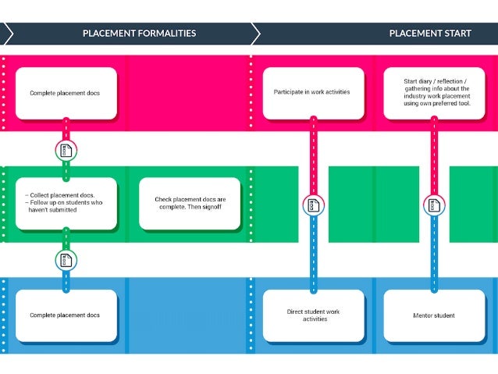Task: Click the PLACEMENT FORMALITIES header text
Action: (139, 34)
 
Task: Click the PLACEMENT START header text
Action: (430, 34)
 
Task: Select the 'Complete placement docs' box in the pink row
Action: (66, 93)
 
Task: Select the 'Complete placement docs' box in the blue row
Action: (66, 315)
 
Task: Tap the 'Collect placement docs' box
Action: (66, 203)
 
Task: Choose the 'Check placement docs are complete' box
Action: (190, 203)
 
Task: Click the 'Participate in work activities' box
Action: (312, 93)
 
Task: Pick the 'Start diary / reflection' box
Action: (434, 93)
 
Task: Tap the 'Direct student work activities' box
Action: (312, 315)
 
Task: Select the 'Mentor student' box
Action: (434, 315)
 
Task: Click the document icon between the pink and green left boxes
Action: (66, 150)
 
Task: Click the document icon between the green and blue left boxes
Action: (66, 260)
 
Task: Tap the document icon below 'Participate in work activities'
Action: (313, 205)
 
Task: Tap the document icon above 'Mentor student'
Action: (434, 205)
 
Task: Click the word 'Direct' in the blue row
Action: (297, 312)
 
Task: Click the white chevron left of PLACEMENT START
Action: (254, 34)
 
